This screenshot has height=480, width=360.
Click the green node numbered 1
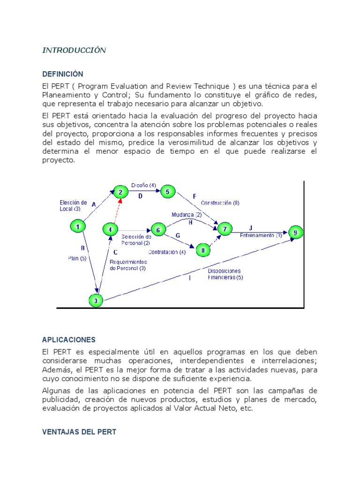tap(77, 226)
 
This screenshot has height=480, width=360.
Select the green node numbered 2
tap(120, 192)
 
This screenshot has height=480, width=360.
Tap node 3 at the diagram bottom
tap(96, 300)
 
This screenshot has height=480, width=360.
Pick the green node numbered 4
tap(110, 230)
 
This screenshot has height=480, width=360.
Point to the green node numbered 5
tap(167, 191)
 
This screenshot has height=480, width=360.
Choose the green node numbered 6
tap(158, 230)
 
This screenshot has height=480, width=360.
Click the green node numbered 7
tap(225, 229)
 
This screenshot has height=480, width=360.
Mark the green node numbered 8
tap(202, 250)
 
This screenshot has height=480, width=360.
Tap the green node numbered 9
tap(295, 232)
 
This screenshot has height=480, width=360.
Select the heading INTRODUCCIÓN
tap(74, 51)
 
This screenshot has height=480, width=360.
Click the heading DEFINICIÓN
tap(62, 74)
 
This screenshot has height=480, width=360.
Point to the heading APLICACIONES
tap(68, 339)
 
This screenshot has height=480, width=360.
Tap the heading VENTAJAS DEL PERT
tap(79, 432)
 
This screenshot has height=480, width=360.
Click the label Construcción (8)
tap(220, 203)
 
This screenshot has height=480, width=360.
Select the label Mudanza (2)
tap(187, 215)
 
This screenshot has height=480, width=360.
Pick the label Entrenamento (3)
tap(261, 235)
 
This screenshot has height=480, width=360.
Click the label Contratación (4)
tap(167, 252)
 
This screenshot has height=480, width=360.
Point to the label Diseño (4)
tap(143, 185)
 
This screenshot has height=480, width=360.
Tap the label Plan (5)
tap(77, 258)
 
